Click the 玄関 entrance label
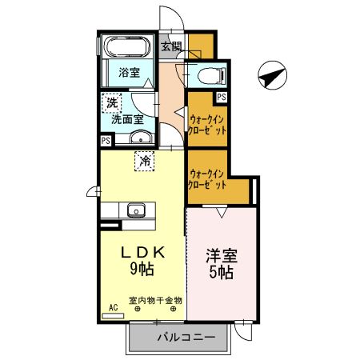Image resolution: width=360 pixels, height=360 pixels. (170, 46)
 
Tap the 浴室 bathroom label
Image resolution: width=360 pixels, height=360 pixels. (130, 71)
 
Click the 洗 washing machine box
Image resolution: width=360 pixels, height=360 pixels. (112, 102)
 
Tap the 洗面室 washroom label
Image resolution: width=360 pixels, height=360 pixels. (126, 119)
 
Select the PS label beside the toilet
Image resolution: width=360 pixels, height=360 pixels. (220, 97)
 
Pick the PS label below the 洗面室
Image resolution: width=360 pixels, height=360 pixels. (105, 141)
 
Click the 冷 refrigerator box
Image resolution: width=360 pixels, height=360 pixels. (145, 160)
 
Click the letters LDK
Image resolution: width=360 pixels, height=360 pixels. (142, 252)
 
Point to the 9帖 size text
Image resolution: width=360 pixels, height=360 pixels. (142, 269)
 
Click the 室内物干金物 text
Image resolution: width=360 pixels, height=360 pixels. (155, 301)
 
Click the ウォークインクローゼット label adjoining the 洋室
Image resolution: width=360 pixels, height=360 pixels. (206, 178)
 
